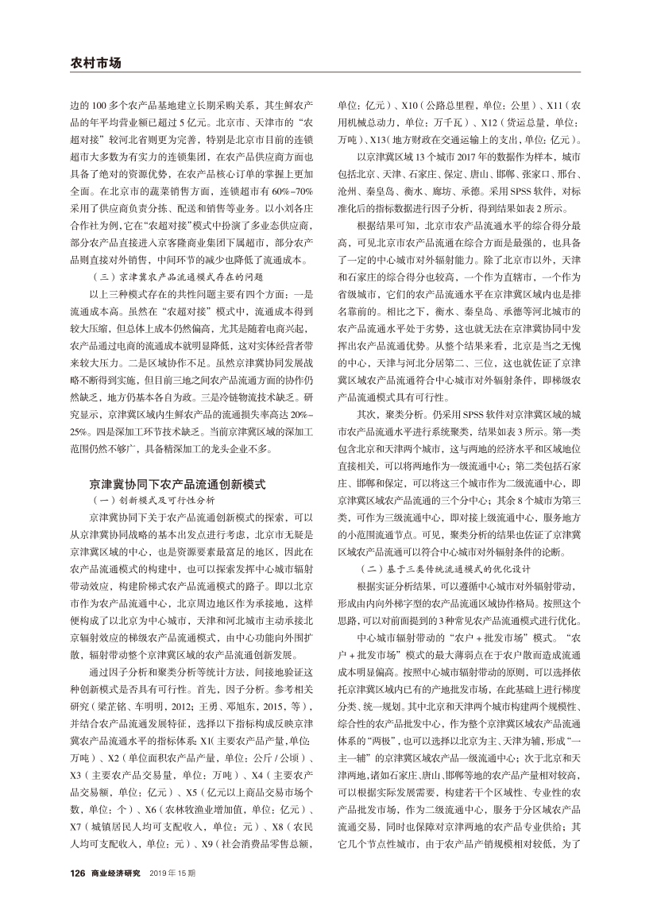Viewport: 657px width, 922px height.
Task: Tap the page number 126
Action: [x=77, y=873]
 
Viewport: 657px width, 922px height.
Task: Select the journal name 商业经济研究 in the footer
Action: [x=116, y=873]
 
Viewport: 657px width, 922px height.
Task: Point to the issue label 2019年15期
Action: [x=172, y=873]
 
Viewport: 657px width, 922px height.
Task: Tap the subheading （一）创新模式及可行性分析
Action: [x=153, y=500]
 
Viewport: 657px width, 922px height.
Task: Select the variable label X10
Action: [x=410, y=106]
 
